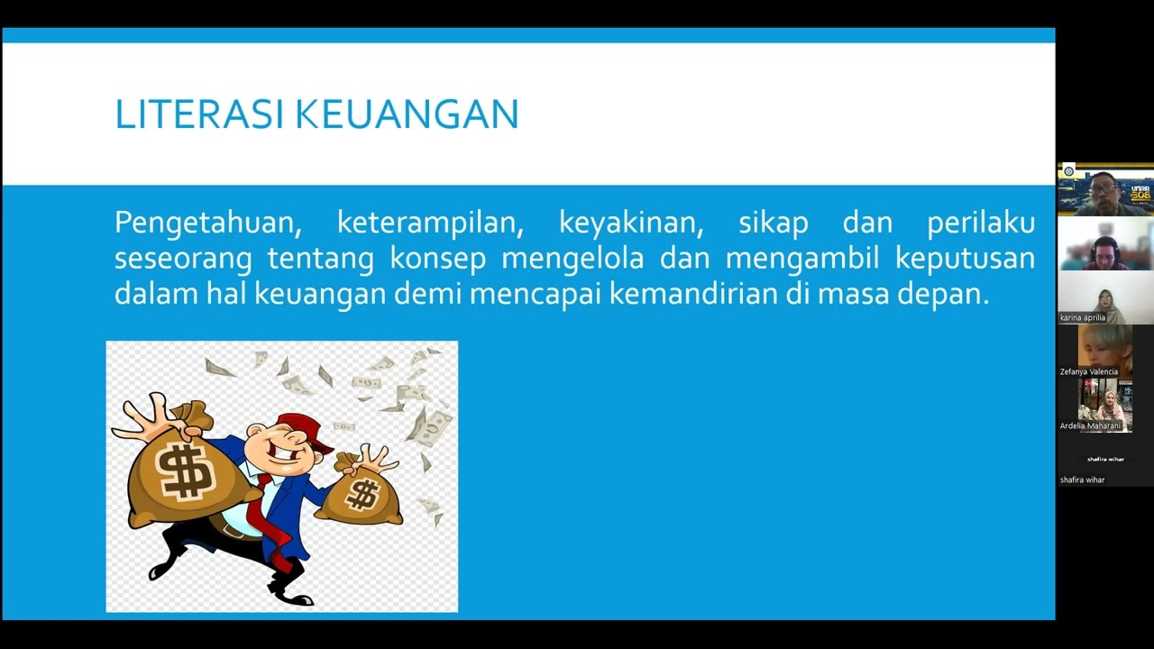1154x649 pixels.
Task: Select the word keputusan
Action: (965, 259)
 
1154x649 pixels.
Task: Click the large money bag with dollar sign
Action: (185, 473)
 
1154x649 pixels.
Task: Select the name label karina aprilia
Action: (1083, 317)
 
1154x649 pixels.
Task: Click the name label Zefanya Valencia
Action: (1089, 371)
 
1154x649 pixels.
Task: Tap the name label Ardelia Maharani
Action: (1090, 425)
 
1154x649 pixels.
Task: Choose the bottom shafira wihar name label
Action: (1083, 480)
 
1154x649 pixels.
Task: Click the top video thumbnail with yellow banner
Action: (1105, 190)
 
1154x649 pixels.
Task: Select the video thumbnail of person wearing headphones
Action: (1105, 244)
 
